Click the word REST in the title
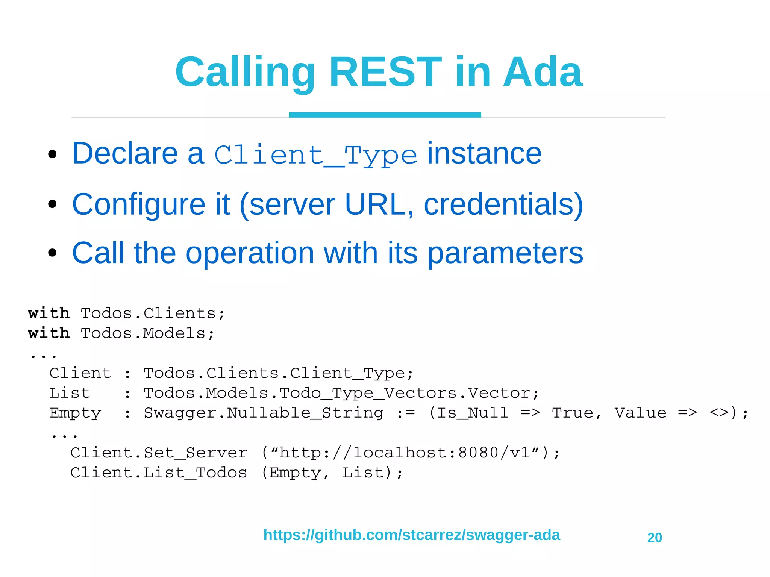(x=385, y=72)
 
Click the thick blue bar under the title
(x=385, y=115)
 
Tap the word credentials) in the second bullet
(x=503, y=204)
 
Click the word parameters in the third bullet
(x=505, y=253)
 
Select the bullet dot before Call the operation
(x=53, y=253)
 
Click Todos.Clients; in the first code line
(x=152, y=313)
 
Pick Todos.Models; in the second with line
(x=147, y=333)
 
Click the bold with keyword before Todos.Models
(x=49, y=333)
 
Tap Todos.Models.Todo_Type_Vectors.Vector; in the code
(x=341, y=393)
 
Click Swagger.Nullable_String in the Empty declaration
(x=264, y=413)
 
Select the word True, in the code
(x=576, y=413)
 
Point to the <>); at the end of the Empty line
(x=729, y=413)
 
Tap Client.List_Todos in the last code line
(x=158, y=473)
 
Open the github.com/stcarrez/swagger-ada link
(x=411, y=535)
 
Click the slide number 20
(x=654, y=538)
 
